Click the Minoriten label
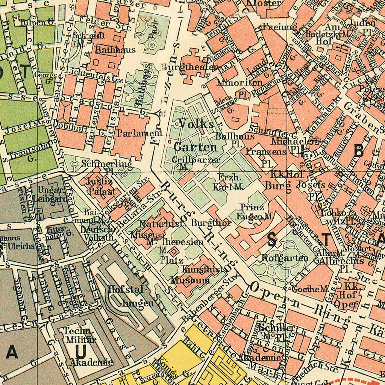(x=235, y=82)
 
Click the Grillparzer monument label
(x=196, y=159)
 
